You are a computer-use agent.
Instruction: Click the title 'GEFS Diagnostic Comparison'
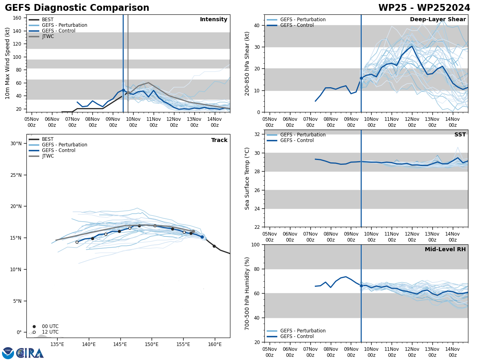pyautogui.click(x=77, y=8)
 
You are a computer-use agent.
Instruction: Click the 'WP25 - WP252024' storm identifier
pyautogui.click(x=424, y=8)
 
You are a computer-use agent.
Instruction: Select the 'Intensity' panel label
pyautogui.click(x=214, y=20)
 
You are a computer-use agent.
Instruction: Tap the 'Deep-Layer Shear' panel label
pyautogui.click(x=438, y=20)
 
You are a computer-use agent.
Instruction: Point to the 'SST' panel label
pyautogui.click(x=460, y=135)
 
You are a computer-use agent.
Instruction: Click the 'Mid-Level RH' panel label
pyautogui.click(x=445, y=250)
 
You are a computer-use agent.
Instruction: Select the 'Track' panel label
pyautogui.click(x=219, y=140)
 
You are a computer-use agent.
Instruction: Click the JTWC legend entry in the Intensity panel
pyautogui.click(x=48, y=36)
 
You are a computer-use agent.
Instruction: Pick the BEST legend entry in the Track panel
pyautogui.click(x=48, y=139)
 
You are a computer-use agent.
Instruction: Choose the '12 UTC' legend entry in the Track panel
pyautogui.click(x=50, y=332)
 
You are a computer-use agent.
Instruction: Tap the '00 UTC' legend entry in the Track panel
pyautogui.click(x=50, y=326)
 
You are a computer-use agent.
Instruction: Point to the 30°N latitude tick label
pyautogui.click(x=16, y=144)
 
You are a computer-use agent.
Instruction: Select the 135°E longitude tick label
pyautogui.click(x=57, y=344)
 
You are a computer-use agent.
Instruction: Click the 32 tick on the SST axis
pyautogui.click(x=258, y=134)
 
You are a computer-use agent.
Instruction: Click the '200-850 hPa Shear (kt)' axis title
pyautogui.click(x=248, y=63)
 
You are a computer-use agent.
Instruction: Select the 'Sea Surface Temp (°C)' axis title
pyautogui.click(x=248, y=178)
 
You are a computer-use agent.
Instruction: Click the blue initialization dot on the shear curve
pyautogui.click(x=361, y=78)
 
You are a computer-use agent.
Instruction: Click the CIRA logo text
pyautogui.click(x=30, y=353)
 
